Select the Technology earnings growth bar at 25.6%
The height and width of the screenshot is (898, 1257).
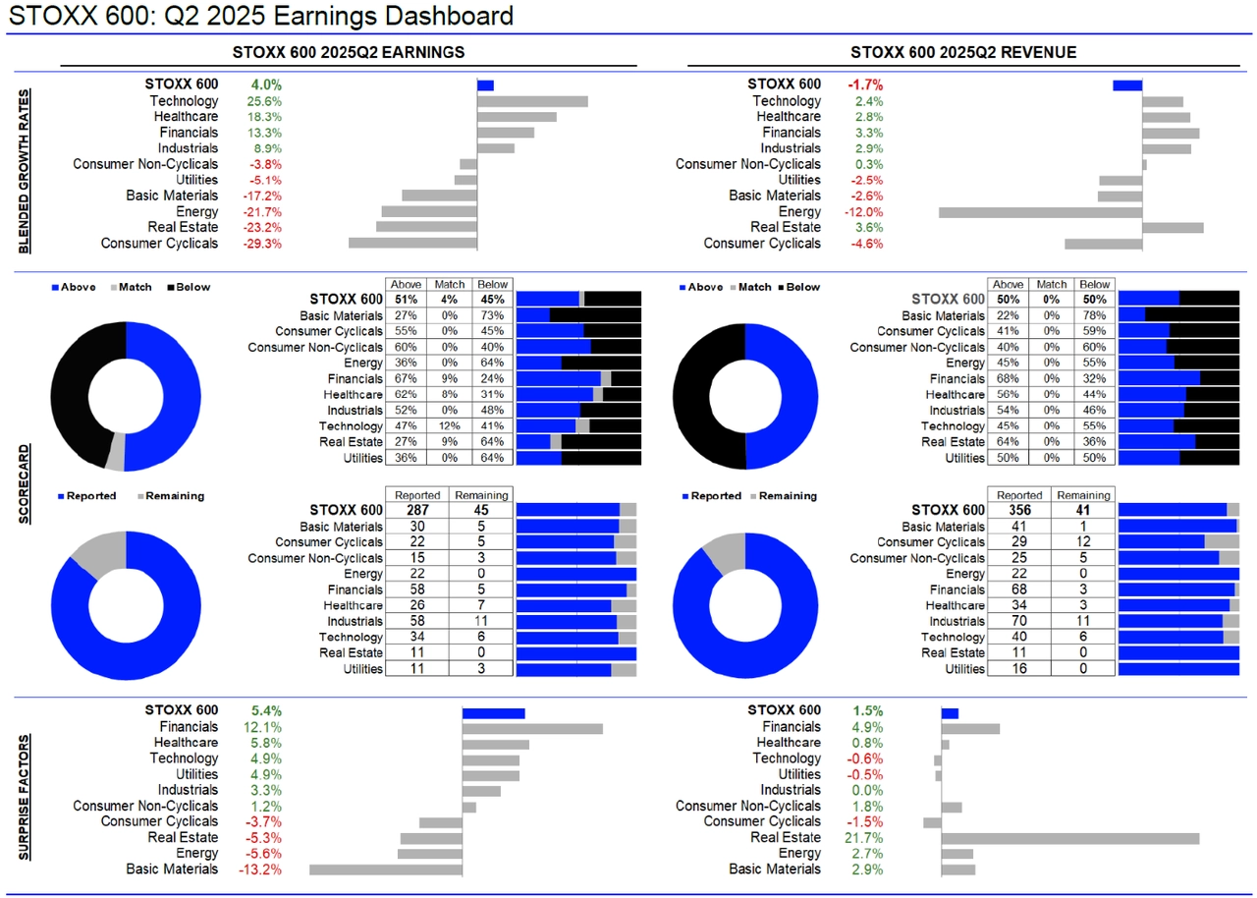pos(532,101)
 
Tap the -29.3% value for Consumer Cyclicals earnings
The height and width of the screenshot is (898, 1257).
pos(262,244)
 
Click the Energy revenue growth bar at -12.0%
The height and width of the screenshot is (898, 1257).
pos(1040,212)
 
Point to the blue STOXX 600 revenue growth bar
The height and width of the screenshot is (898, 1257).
pos(1127,85)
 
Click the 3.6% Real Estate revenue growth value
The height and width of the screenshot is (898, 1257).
pos(869,228)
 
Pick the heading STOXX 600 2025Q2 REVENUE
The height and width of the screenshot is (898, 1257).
pos(964,52)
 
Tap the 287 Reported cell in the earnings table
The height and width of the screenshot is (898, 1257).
pos(417,511)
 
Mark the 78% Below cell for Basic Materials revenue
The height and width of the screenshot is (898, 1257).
pos(1095,315)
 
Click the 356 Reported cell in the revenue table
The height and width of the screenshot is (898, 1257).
pos(1019,511)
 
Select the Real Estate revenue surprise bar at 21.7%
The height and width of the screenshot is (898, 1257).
pos(1069,838)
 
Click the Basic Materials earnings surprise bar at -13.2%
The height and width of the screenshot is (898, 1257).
pos(386,870)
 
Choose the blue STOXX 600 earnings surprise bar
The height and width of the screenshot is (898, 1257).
pos(494,712)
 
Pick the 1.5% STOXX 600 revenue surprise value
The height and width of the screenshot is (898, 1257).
pos(868,710)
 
